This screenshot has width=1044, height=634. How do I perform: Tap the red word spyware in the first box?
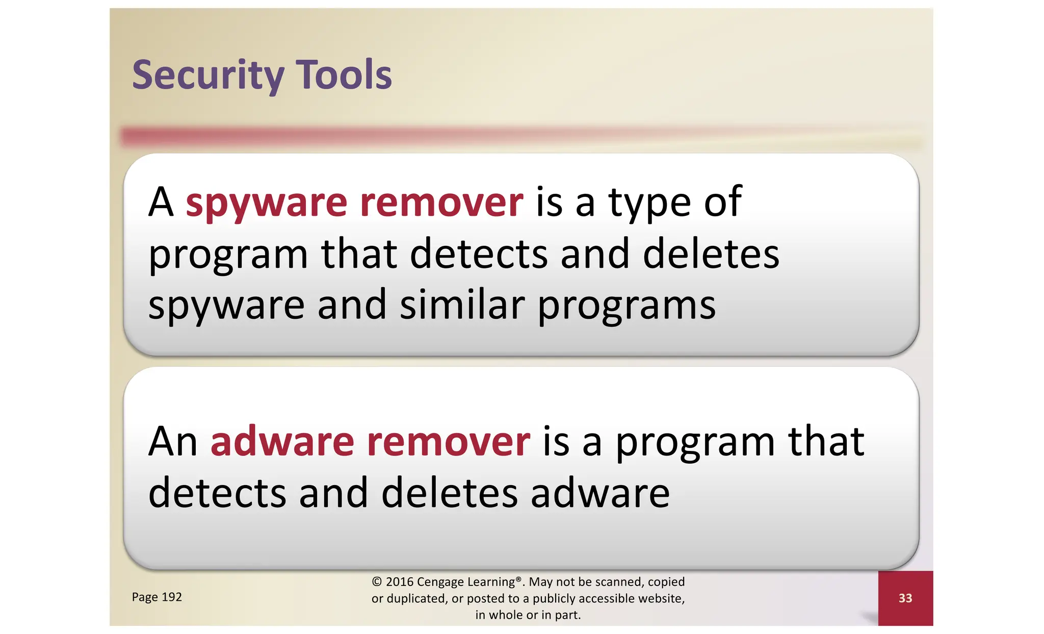point(266,203)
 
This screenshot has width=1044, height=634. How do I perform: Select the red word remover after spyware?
point(441,202)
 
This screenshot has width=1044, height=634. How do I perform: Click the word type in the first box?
point(649,203)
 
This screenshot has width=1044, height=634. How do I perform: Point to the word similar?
point(462,305)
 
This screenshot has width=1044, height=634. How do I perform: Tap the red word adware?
point(282,441)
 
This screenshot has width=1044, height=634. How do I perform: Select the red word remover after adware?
point(449,441)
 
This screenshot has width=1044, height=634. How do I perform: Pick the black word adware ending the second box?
point(600,493)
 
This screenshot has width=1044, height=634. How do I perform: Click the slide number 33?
point(905,598)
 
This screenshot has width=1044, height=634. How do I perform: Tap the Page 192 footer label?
point(156,597)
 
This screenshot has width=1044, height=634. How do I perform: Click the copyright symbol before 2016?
point(377,582)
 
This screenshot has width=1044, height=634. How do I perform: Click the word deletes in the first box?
point(711,253)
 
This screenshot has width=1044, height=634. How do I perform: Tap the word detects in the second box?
point(217,493)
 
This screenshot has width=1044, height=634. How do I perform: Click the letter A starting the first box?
point(161,202)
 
